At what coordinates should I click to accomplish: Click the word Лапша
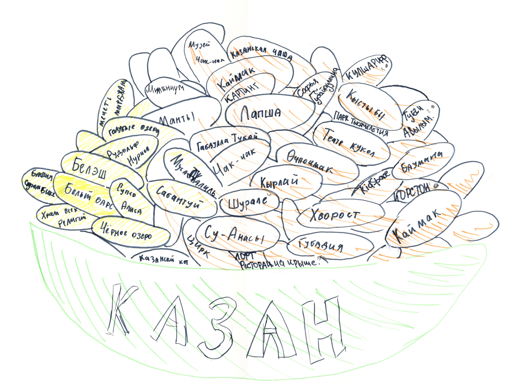[x=260, y=113]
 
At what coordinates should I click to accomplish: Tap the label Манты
[x=177, y=119]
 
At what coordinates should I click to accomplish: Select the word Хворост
[x=335, y=215]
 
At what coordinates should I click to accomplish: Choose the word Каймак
[x=418, y=226]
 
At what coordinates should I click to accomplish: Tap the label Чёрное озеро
[x=126, y=232]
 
